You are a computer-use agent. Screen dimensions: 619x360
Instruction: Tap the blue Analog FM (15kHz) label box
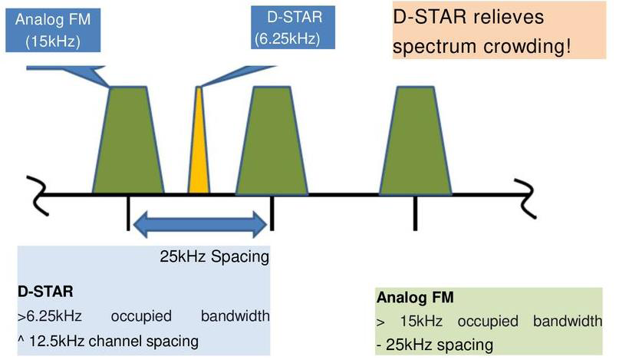[x=53, y=30]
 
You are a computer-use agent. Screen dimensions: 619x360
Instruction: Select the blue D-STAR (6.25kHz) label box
[x=293, y=28]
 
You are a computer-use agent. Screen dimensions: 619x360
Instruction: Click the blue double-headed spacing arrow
[x=200, y=224]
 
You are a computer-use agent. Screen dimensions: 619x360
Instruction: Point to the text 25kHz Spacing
[x=214, y=256]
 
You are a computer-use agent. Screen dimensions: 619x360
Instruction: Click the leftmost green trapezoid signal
[x=128, y=140]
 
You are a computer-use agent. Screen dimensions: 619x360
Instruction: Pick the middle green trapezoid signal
[x=272, y=140]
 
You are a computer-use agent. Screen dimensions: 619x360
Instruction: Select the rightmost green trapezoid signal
[x=415, y=140]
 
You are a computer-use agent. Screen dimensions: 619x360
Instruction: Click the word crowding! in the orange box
[x=527, y=47]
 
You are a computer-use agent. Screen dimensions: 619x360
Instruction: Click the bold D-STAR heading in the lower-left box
[x=45, y=292]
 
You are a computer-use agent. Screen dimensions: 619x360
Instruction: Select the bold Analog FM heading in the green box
[x=415, y=297]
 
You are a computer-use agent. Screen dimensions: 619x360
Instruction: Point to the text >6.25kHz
[x=50, y=316]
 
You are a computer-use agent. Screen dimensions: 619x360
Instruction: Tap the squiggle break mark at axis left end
[x=38, y=196]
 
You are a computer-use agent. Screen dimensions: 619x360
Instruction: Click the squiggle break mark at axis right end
[x=525, y=198]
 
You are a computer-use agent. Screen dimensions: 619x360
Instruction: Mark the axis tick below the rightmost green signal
[x=415, y=213]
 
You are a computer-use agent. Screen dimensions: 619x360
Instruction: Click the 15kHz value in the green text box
[x=421, y=322]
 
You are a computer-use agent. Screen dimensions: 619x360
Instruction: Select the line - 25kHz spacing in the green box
[x=435, y=345]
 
